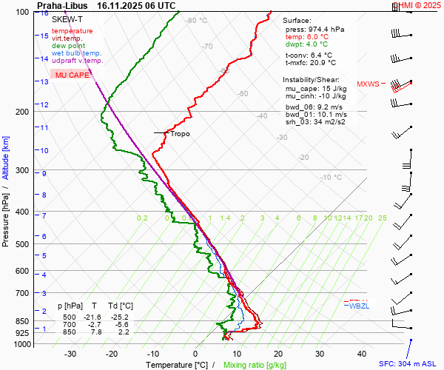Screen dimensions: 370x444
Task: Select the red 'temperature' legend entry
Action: click(72, 31)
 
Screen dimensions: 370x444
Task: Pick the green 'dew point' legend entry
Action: click(68, 46)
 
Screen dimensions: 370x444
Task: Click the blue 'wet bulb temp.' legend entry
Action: click(76, 53)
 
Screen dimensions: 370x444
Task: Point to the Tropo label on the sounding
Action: click(180, 134)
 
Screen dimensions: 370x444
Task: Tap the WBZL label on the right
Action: click(359, 306)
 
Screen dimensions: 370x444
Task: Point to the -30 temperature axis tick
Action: click(70, 354)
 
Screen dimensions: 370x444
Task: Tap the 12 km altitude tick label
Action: click(44, 105)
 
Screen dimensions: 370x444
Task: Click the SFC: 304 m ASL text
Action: click(408, 363)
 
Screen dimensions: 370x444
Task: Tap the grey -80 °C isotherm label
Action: click(197, 21)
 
